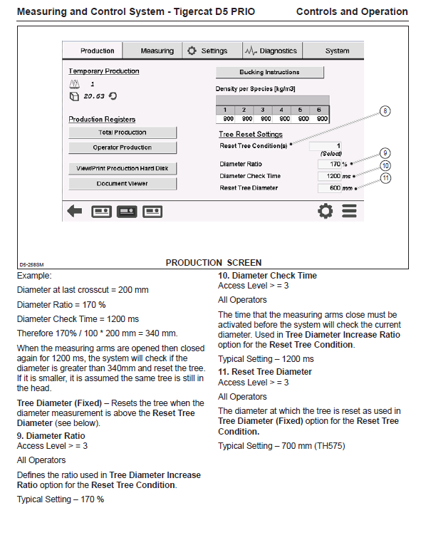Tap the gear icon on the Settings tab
coord(192,51)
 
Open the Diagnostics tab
coord(273,51)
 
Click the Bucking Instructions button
coord(269,72)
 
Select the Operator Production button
coord(123,147)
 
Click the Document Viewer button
coord(123,184)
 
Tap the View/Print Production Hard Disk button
coord(123,168)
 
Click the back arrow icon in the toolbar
coord(75,211)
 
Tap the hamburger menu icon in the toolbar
coord(349,211)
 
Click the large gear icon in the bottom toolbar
coord(326,211)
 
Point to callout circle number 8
coord(385,111)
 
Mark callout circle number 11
coord(385,178)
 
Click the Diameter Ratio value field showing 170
coord(329,164)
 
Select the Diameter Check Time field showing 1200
coord(329,176)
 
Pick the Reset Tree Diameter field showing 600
coord(329,188)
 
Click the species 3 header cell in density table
coord(263,110)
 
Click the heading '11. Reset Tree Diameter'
coord(265,372)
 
